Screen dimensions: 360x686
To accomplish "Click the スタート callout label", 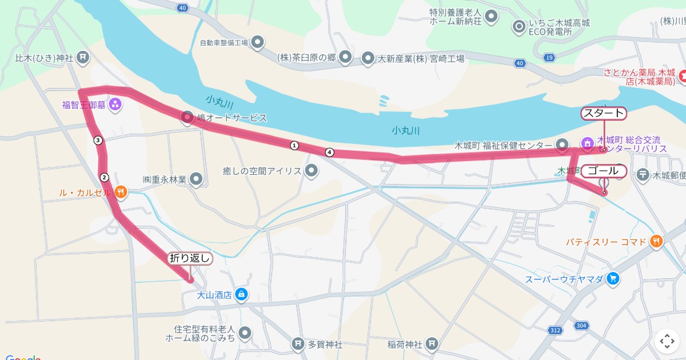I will [604, 113].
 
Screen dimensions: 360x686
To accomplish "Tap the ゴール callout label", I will [603, 171].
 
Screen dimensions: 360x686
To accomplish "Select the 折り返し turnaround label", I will [190, 258].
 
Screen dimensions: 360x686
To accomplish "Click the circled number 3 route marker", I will [98, 140].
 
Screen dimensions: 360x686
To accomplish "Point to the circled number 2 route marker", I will [104, 177].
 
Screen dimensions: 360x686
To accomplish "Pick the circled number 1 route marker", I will [294, 145].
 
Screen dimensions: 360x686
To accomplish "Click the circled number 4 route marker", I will [329, 152].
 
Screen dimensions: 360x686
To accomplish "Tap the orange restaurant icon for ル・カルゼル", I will [120, 192].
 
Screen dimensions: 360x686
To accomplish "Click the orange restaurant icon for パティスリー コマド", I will [656, 242].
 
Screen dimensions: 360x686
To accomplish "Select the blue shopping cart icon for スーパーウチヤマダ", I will [613, 279].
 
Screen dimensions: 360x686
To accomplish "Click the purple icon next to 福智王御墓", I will [115, 104].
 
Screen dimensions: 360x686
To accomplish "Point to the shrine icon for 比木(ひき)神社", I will [83, 57].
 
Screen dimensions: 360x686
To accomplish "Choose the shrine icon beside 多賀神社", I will [297, 344].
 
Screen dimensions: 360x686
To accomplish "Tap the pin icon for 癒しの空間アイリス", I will [312, 170].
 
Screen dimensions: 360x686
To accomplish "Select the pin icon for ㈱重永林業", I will [196, 179].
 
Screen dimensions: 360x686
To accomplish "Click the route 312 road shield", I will [554, 331].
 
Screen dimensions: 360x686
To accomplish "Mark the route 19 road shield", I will [549, 58].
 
